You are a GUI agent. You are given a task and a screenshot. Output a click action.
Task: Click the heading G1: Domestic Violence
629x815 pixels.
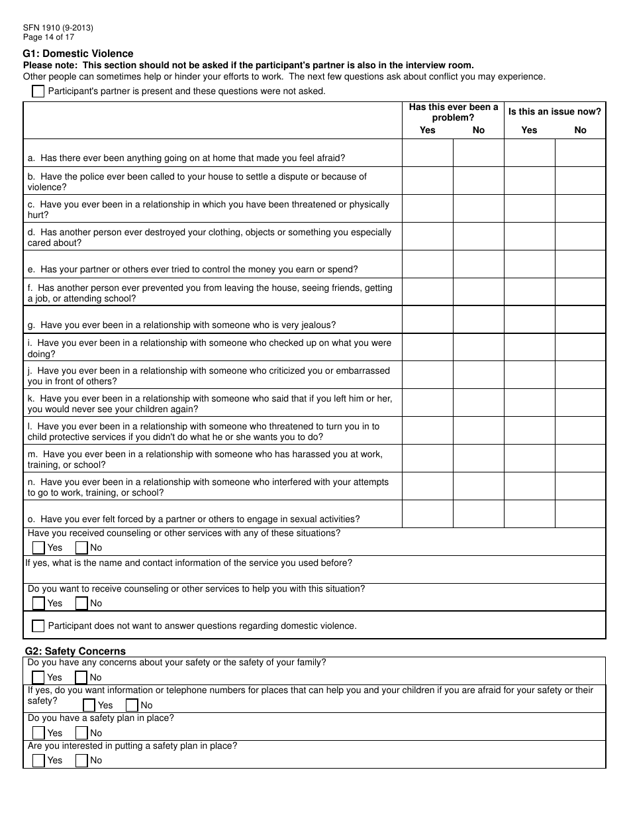tap(78, 54)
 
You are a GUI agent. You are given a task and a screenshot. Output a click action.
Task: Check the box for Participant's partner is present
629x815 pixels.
tap(38, 91)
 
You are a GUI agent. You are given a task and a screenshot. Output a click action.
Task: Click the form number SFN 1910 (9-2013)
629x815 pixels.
tap(58, 28)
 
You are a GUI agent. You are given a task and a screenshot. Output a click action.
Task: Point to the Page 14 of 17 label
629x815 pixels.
tap(48, 37)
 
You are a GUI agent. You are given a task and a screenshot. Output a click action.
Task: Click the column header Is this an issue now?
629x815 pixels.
tap(555, 112)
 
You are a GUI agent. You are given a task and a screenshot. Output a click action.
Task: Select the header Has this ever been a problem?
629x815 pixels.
tap(454, 112)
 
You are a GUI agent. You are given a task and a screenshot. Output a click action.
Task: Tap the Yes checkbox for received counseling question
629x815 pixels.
tap(38, 547)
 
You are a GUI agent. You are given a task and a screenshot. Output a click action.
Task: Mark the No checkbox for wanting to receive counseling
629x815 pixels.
tap(81, 603)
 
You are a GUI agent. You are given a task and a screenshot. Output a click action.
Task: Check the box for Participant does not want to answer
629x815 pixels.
tap(38, 625)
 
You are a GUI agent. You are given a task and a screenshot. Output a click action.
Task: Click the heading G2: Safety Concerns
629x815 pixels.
tap(75, 651)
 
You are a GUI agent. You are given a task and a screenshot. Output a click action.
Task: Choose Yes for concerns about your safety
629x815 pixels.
tap(38, 677)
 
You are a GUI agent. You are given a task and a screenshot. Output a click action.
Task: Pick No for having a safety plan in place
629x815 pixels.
tap(81, 733)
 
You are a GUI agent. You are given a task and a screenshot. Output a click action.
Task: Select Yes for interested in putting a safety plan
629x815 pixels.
tap(38, 761)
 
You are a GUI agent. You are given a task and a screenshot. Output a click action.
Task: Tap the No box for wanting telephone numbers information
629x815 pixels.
tap(132, 705)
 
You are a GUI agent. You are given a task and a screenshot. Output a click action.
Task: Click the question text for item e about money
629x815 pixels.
tap(193, 270)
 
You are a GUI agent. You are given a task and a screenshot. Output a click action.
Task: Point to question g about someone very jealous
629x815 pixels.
tap(181, 325)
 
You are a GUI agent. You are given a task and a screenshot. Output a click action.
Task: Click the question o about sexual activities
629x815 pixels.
tap(193, 519)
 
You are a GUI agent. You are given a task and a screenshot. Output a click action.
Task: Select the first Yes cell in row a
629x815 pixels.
tap(428, 152)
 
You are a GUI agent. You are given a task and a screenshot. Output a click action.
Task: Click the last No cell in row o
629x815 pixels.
tap(580, 514)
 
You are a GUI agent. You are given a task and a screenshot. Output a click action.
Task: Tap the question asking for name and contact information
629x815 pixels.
tap(189, 563)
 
